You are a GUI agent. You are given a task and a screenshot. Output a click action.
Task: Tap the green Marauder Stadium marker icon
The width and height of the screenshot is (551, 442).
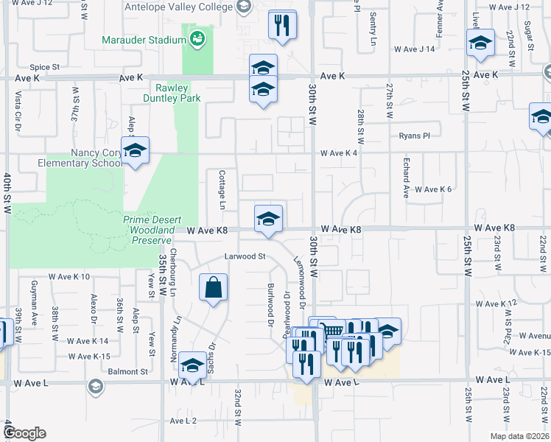tap(197, 38)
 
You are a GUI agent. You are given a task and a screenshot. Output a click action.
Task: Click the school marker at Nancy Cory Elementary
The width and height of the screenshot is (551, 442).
tap(135, 151)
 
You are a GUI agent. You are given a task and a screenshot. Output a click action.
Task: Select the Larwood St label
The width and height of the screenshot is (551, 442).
tap(245, 256)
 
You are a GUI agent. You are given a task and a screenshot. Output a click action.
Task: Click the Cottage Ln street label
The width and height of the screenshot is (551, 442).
tap(222, 186)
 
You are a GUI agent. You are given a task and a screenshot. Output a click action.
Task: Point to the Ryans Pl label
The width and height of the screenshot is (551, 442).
tap(414, 136)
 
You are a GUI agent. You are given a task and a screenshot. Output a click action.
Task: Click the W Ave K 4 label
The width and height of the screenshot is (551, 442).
tap(339, 153)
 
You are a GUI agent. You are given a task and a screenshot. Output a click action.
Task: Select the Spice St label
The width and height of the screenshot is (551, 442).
tap(45, 67)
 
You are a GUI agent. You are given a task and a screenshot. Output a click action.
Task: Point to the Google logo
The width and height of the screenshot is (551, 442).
tap(24, 433)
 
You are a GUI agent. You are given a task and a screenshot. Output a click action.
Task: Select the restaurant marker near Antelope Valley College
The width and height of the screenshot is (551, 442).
tap(282, 26)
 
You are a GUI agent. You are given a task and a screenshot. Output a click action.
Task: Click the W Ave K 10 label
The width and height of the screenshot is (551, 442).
tap(69, 277)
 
